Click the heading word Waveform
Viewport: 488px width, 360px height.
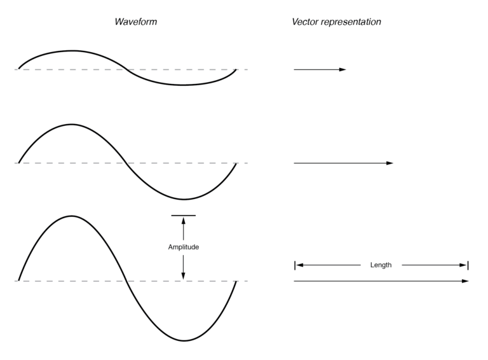coord(135,22)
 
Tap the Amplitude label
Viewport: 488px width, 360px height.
coord(183,247)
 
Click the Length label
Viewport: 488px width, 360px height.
coord(381,265)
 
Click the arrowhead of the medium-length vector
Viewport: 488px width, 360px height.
coord(390,163)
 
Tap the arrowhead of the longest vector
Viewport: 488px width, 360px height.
coord(465,280)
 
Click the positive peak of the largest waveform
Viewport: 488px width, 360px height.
coord(72,216)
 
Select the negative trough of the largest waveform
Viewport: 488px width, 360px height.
coord(184,340)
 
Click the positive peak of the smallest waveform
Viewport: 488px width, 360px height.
coord(72,51)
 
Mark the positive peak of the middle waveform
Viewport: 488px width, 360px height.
coord(72,125)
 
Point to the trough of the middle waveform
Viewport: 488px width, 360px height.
coord(184,199)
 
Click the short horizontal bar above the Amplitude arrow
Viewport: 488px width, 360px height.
coord(183,216)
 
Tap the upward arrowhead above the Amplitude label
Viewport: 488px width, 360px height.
coord(183,221)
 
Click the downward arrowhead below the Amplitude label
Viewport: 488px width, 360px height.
coord(183,276)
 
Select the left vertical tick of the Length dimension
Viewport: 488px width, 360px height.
coord(295,265)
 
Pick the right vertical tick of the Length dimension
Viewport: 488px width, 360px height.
coord(468,265)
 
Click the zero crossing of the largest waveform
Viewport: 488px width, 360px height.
coord(128,280)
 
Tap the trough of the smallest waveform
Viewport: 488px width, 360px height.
coord(184,85)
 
